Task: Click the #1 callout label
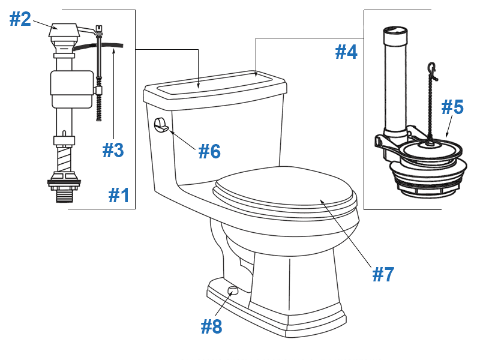coord(119,195)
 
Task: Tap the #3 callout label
coord(113,149)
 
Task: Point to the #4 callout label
coord(346,52)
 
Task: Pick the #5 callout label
coord(452,107)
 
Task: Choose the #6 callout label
coord(209,151)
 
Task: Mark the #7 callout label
coord(383,274)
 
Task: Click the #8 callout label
coord(212,326)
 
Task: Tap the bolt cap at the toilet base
coord(233,291)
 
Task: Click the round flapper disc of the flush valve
coord(428,150)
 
